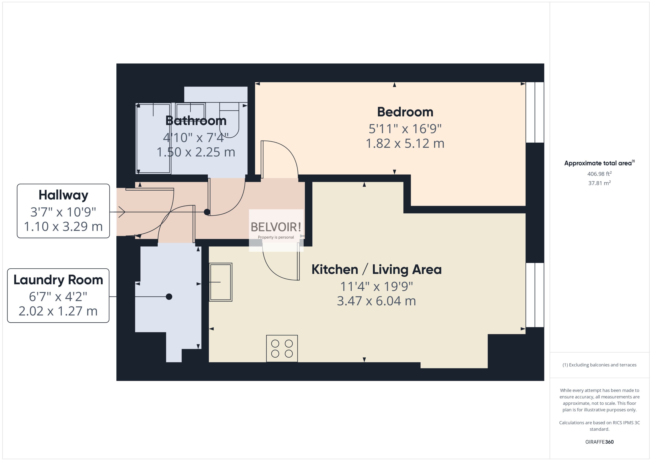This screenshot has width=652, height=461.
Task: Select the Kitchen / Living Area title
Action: [x=376, y=269]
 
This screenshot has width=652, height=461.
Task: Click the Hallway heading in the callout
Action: [x=63, y=195]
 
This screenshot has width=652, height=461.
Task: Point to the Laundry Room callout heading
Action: [x=58, y=280]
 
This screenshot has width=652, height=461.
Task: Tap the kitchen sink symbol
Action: [x=221, y=282]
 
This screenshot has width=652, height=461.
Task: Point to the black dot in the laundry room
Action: [x=169, y=297]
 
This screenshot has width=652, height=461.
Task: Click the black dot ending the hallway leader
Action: [x=207, y=212]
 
